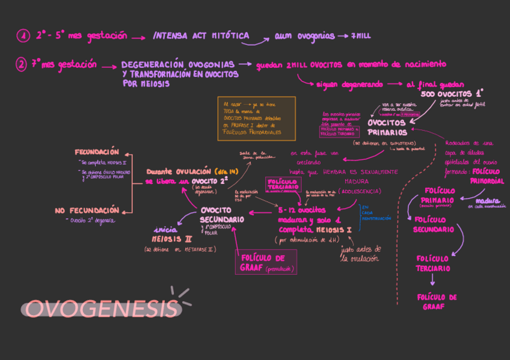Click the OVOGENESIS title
tap(102, 308)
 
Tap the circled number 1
tap(23, 36)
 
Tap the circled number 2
tap(22, 64)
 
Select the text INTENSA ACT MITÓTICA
tap(201, 36)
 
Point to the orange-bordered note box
tap(256, 118)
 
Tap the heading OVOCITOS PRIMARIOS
tap(387, 127)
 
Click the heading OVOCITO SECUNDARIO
tap(222, 215)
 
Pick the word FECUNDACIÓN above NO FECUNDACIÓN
tap(97, 152)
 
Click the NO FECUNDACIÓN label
tap(87, 210)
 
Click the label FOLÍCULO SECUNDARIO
tap(434, 224)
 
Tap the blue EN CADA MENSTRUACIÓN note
tap(375, 213)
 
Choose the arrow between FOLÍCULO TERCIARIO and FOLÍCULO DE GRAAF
tap(432, 280)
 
